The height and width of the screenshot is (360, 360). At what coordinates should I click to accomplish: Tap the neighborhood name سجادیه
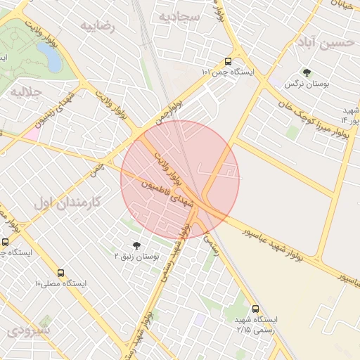pos(179,16)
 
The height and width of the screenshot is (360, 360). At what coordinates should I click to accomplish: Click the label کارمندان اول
pos(68,202)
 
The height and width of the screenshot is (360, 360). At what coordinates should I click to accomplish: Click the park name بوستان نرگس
pos(306,84)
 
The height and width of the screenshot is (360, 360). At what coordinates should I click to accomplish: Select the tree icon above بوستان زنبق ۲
pos(136,245)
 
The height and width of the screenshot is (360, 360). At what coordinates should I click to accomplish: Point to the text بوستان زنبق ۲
pos(137,257)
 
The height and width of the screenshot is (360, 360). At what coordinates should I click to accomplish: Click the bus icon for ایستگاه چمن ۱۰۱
pos(228,60)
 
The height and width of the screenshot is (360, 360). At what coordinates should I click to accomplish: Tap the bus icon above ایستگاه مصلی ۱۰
pos(60,272)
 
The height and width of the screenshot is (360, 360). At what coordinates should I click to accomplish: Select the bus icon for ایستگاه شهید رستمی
pos(255,308)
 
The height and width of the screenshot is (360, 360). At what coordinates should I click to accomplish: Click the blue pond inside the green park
pos(49,57)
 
